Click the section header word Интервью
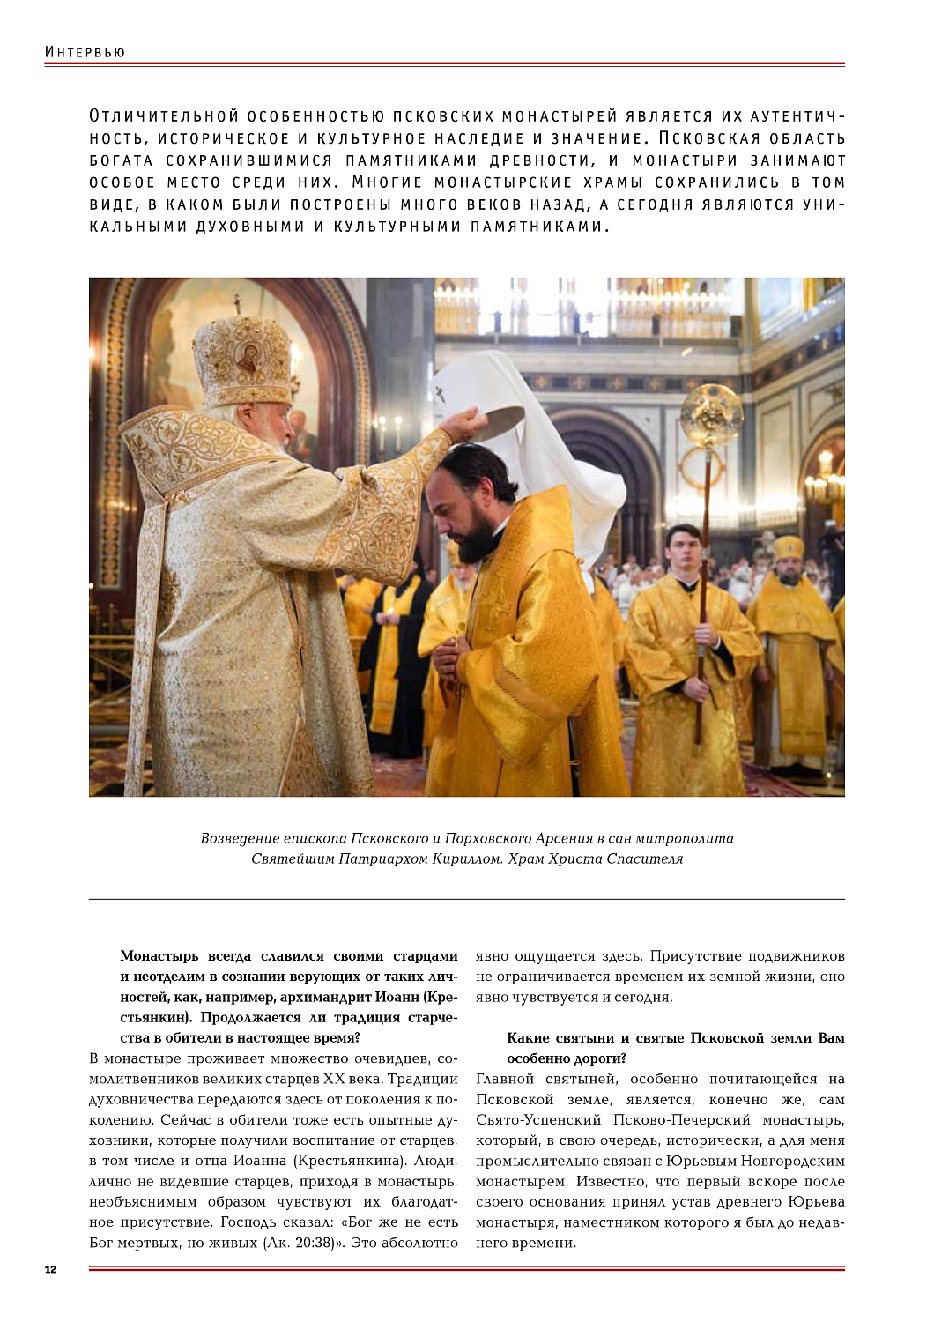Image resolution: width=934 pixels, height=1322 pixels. [x=85, y=52]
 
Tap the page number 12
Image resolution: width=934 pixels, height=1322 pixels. [x=50, y=1269]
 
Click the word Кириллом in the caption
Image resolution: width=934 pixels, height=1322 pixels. [x=469, y=858]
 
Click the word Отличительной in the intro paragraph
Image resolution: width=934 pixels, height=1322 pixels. [x=165, y=116]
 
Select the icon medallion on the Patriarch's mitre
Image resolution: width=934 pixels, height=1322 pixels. [x=249, y=360]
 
